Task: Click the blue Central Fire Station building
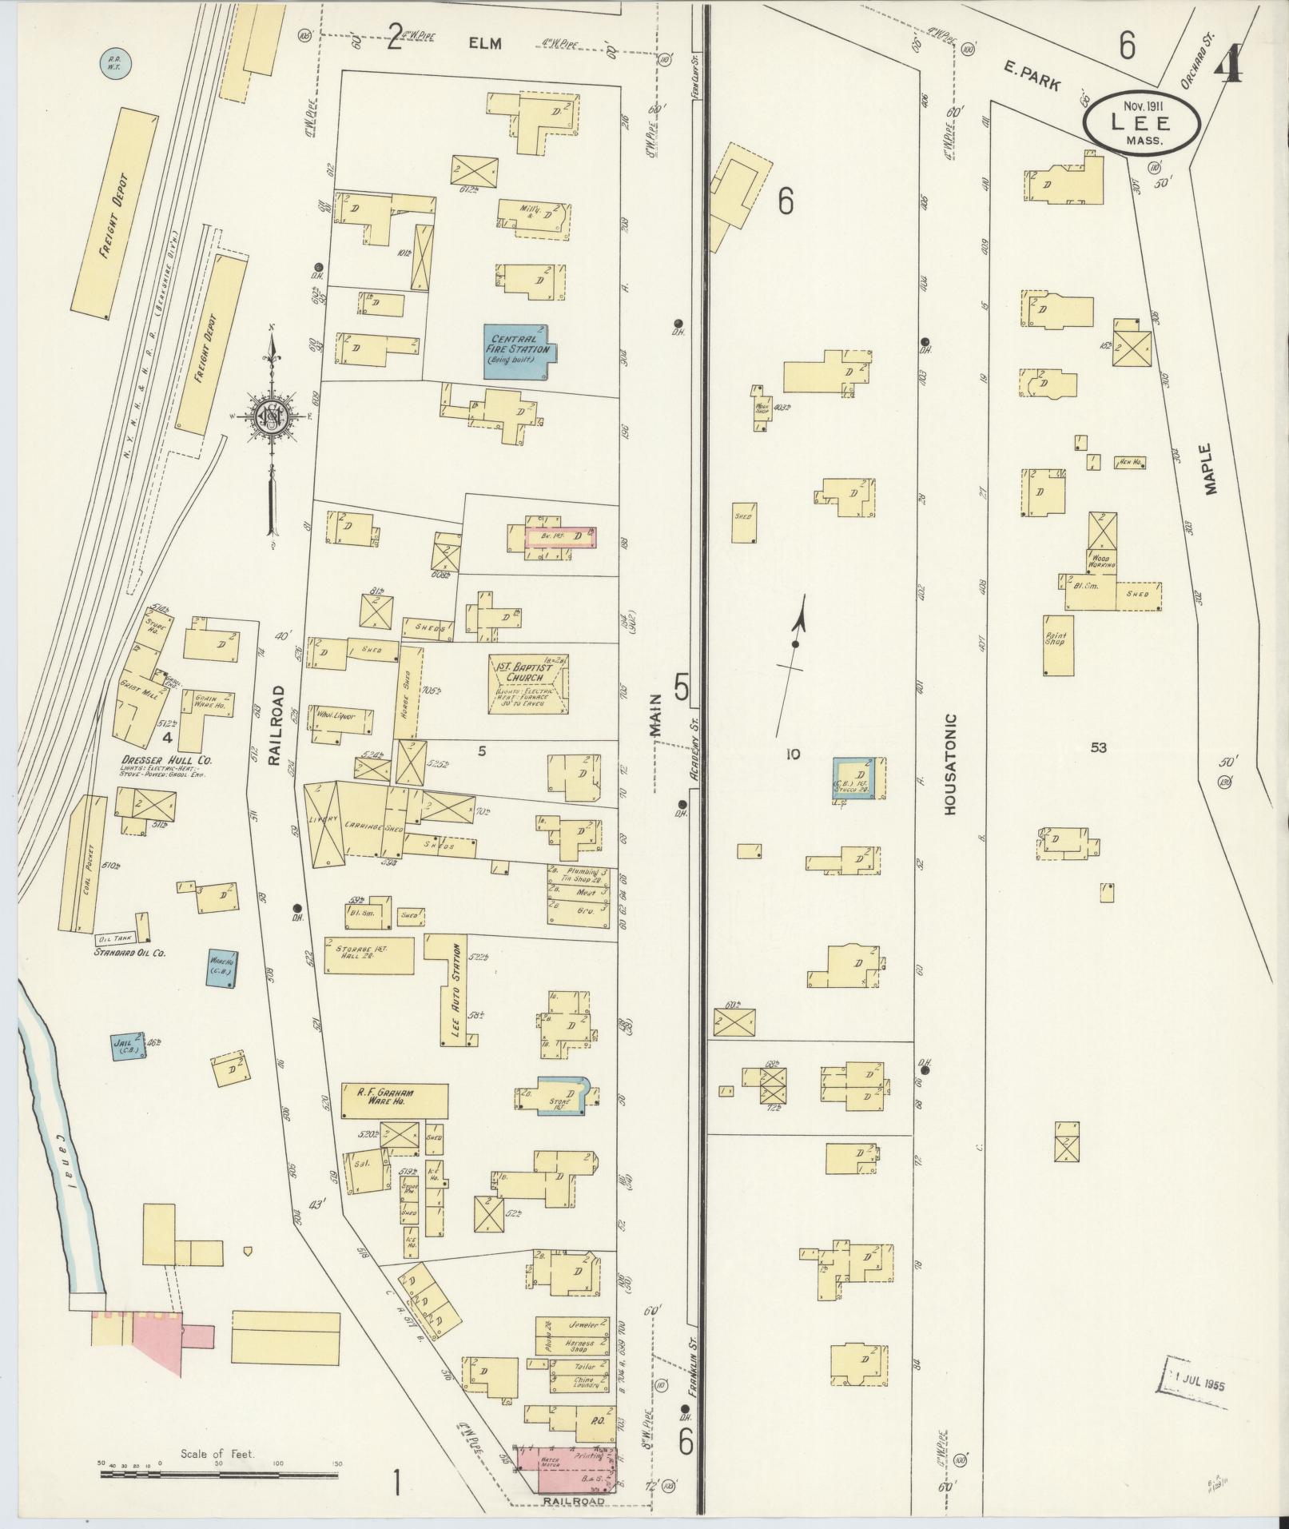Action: click(518, 350)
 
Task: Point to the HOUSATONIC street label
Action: click(950, 764)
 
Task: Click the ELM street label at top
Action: click(485, 43)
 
